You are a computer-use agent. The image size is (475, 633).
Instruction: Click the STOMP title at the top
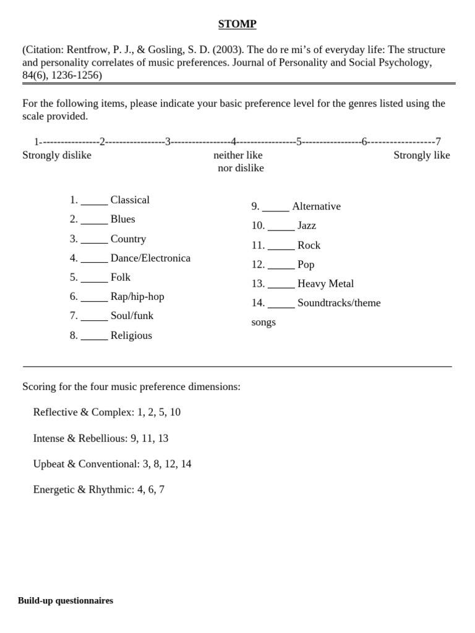(237, 24)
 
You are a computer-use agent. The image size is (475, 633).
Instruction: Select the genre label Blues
(122, 219)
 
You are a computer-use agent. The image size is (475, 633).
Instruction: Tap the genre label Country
(128, 239)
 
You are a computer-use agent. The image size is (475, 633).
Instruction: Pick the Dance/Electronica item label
(150, 258)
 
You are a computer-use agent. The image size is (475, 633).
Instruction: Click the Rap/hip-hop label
(137, 296)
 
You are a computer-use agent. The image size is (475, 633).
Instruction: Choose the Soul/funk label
(132, 315)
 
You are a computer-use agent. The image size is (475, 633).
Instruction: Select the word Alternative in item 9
(316, 206)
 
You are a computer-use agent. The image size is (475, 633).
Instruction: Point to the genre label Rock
(309, 245)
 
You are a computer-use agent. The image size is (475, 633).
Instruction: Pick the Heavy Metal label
(325, 283)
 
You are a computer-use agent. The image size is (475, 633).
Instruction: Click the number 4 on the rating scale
(234, 142)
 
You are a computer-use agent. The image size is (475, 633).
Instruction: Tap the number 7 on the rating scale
(438, 142)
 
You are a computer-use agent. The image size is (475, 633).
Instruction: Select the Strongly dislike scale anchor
(57, 155)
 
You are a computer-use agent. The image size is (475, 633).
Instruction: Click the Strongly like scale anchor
(422, 155)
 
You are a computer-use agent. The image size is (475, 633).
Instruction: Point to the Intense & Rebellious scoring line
(101, 438)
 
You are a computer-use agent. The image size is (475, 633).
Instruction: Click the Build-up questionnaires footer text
(66, 600)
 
